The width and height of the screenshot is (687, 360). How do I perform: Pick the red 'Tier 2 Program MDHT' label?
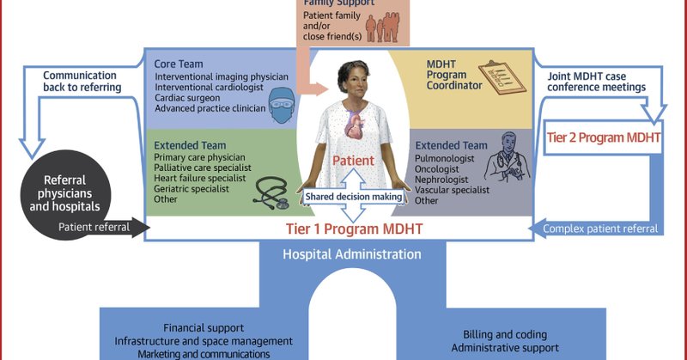(605, 137)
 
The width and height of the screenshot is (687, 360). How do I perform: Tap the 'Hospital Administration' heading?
(352, 255)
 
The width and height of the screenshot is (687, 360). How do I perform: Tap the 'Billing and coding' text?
(504, 334)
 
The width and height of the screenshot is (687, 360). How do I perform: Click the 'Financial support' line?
(204, 328)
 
